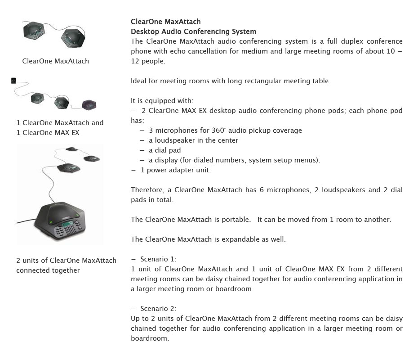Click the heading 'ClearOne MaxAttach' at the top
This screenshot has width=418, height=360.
click(x=165, y=22)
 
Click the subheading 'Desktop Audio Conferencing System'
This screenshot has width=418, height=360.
click(x=193, y=31)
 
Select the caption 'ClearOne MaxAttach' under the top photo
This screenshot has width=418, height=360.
click(x=55, y=61)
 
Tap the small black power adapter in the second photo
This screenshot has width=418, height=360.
click(x=14, y=81)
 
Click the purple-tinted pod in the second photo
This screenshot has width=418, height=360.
click(x=89, y=104)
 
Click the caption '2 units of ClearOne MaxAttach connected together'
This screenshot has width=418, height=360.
click(x=66, y=265)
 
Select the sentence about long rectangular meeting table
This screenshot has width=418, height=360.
click(x=230, y=81)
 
